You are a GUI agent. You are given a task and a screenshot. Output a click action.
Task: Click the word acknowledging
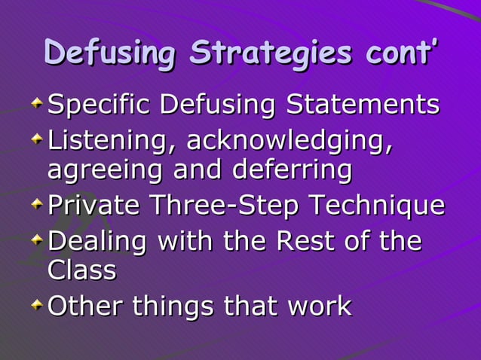[x=290, y=141]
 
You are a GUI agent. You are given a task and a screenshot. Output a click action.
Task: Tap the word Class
[x=81, y=270]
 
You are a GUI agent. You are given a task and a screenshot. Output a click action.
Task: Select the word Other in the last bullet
[x=85, y=306]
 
